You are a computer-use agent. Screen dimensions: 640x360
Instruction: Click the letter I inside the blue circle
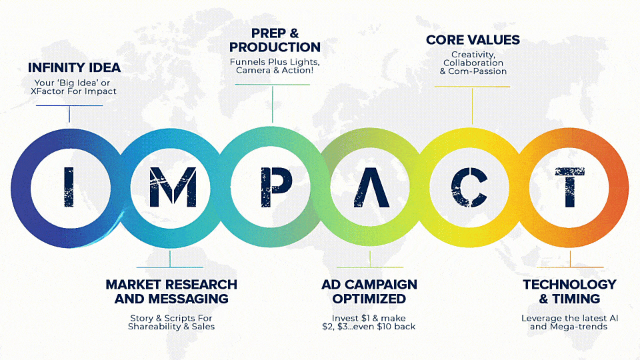(x=69, y=187)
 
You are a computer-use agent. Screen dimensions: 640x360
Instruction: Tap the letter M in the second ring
(x=173, y=187)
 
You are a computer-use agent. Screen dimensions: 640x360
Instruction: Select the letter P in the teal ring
(x=276, y=187)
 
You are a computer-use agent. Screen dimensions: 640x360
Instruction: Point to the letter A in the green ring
(x=371, y=187)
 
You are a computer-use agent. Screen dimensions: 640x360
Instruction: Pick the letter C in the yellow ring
(x=469, y=187)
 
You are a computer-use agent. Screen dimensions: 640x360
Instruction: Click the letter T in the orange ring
(x=570, y=187)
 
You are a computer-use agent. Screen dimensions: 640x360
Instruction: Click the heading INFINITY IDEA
(x=74, y=68)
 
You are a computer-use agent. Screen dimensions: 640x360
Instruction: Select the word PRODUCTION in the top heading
(x=275, y=47)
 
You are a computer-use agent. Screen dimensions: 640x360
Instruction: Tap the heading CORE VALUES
(x=473, y=40)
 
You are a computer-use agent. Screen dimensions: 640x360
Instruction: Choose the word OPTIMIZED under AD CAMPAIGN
(x=369, y=299)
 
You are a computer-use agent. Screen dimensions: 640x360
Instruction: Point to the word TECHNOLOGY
(x=569, y=285)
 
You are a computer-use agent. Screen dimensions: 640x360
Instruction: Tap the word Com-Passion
(x=477, y=71)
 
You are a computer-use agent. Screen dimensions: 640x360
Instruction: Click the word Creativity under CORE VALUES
(x=473, y=55)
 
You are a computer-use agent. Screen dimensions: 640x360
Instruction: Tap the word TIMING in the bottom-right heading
(x=576, y=299)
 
